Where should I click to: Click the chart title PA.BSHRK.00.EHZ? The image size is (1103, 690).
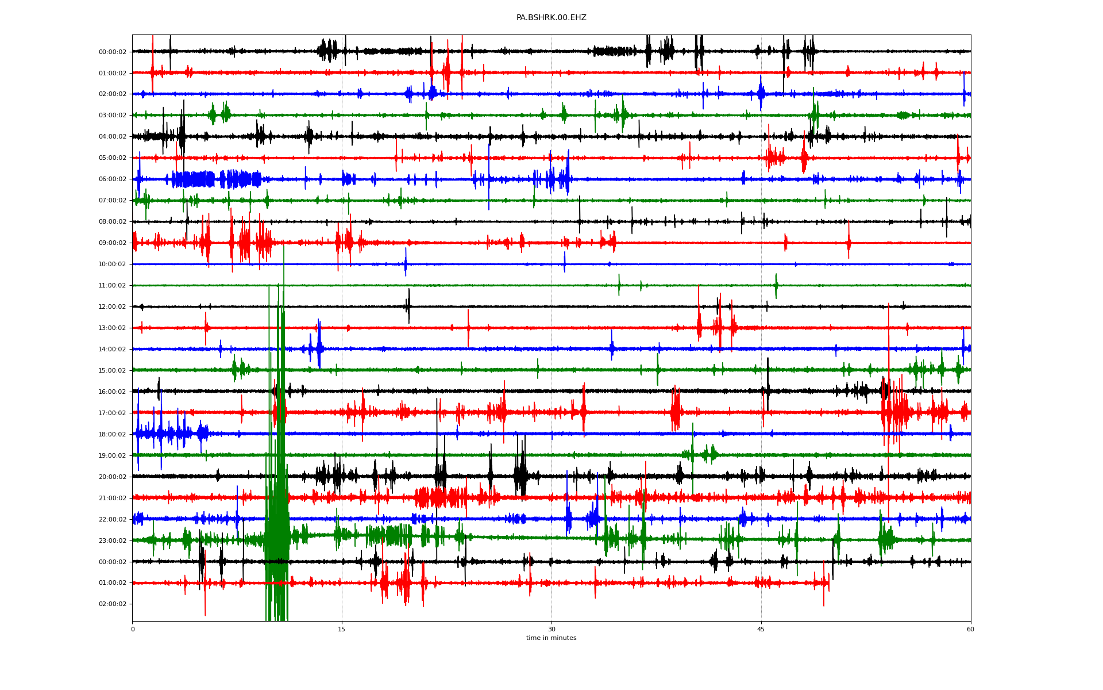[551, 18]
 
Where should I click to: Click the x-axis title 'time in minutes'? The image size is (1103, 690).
[551, 638]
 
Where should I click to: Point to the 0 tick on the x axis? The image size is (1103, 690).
[133, 629]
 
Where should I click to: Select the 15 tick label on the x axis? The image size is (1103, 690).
[342, 629]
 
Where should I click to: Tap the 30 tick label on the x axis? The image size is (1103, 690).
[551, 629]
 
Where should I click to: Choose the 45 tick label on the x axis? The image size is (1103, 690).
[761, 629]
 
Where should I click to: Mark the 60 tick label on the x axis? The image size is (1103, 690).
[970, 629]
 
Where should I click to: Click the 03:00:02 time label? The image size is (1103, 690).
[113, 116]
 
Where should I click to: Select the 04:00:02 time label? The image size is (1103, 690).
[113, 137]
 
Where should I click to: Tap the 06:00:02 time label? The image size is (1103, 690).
[113, 179]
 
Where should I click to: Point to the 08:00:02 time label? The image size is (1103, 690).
[113, 222]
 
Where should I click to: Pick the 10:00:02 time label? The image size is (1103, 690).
[113, 264]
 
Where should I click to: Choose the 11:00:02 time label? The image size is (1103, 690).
[113, 286]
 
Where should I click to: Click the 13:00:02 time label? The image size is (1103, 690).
[113, 328]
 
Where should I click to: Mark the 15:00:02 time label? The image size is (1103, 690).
[113, 371]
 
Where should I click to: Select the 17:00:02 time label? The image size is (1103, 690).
[113, 413]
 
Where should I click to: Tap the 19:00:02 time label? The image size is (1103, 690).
[113, 456]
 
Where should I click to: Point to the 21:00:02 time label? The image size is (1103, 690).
[113, 499]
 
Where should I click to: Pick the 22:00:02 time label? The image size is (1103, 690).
[113, 520]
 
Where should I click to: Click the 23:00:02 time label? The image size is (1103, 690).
[113, 541]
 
